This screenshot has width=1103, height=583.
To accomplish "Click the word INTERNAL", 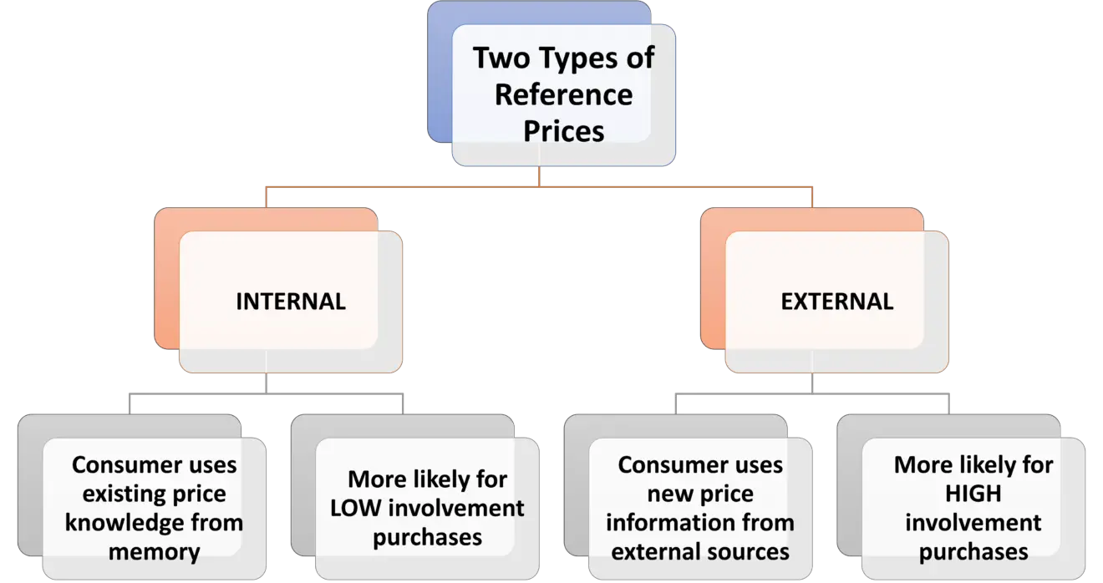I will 290,302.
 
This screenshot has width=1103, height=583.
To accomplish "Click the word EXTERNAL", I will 836,302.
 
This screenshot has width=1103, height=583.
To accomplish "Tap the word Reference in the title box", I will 563,94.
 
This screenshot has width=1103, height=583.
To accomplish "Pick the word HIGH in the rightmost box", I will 973,494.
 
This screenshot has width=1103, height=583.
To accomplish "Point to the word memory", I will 154,552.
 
